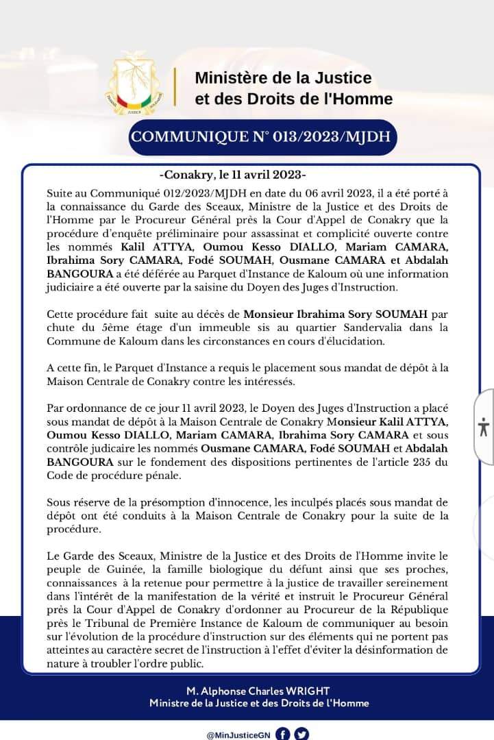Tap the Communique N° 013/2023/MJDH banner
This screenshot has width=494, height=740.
(x=261, y=137)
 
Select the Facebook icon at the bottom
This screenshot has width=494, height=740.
(x=283, y=733)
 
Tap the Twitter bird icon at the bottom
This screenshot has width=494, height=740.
(x=301, y=733)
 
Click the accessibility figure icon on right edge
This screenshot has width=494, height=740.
(x=484, y=427)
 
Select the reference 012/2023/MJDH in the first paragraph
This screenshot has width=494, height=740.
(x=184, y=195)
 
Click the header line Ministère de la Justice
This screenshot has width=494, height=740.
(x=283, y=77)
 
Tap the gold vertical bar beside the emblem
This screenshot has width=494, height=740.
(x=175, y=87)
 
